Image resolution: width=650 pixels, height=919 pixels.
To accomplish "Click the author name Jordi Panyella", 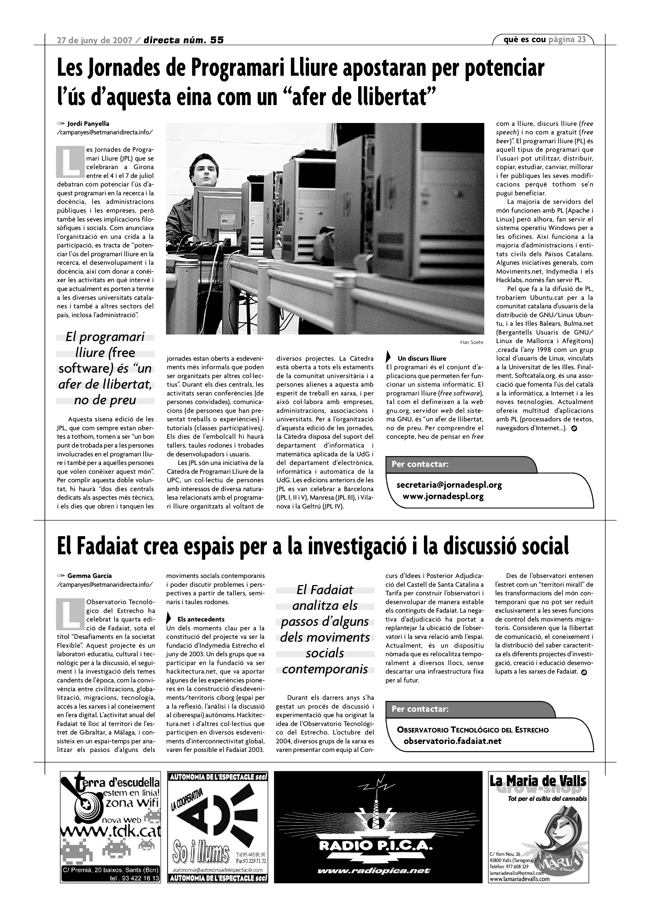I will tap(88, 124).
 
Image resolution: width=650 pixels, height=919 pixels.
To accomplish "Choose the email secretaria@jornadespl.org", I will tap(449, 485).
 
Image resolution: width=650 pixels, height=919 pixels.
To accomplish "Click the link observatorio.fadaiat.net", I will tap(452, 741).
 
